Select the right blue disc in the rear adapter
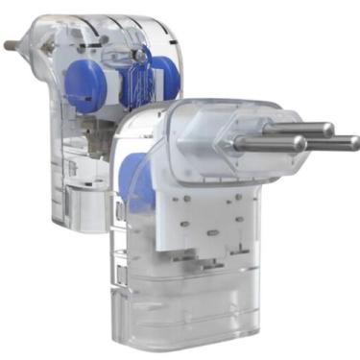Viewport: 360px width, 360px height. [165, 75]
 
